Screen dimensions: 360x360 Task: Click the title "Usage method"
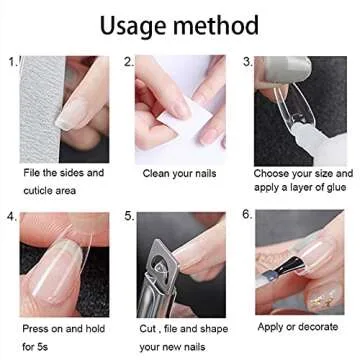click(179, 24)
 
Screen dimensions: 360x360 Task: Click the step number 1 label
click(13, 62)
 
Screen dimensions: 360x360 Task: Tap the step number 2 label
click(130, 62)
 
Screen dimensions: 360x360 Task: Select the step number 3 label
click(246, 62)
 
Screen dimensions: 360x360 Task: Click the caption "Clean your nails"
click(174, 173)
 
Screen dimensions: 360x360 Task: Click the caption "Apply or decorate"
click(296, 326)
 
